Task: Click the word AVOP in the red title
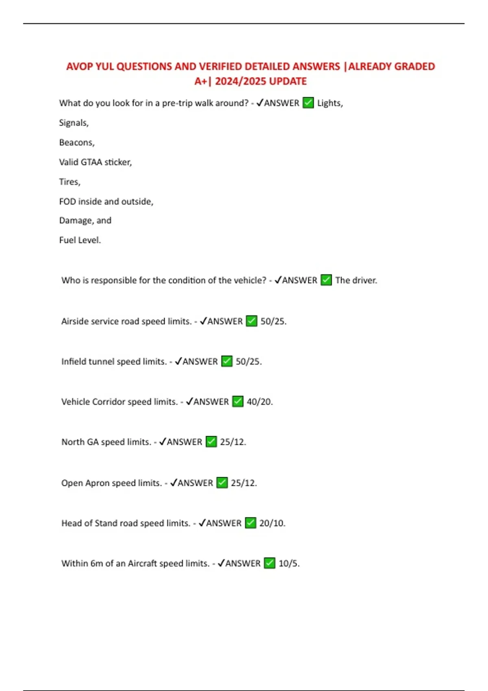coord(79,67)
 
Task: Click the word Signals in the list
coord(73,123)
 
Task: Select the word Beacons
coord(76,142)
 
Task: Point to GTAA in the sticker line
coord(91,162)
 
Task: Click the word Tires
coord(69,182)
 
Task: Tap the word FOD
coord(67,202)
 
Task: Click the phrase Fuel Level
coord(79,240)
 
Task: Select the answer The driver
coord(356,280)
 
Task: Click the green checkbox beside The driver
coord(326,280)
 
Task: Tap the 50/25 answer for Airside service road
coord(273,322)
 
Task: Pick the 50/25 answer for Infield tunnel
coord(248,362)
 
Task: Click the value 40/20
coord(259,402)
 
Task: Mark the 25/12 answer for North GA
coord(233,442)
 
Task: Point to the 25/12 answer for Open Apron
coord(243,483)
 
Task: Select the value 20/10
coord(272,524)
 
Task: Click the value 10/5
coord(288,564)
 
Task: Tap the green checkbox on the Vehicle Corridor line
coord(238,402)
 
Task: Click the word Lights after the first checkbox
coord(329,103)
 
